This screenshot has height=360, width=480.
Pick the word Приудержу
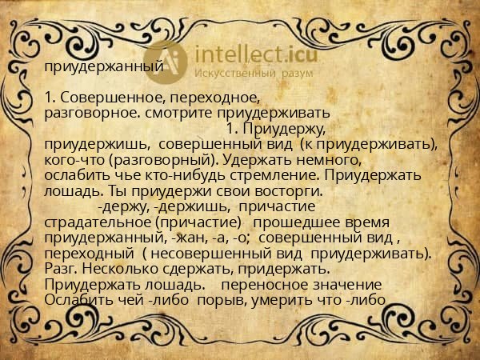click(x=284, y=128)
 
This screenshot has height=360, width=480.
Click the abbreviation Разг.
click(x=59, y=269)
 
